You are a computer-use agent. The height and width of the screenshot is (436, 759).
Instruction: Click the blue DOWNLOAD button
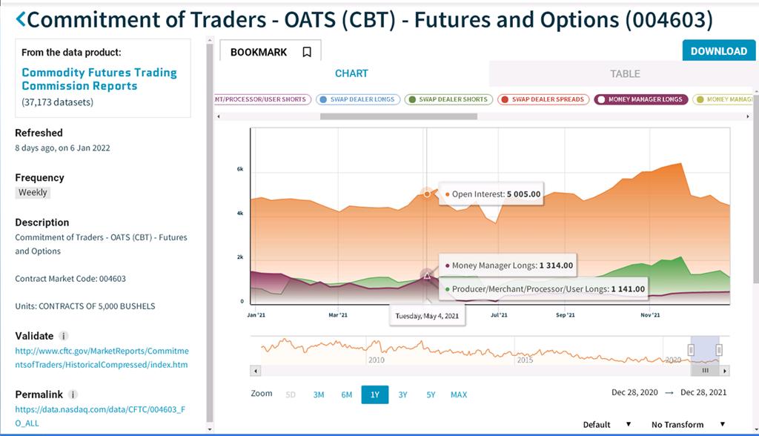click(x=718, y=51)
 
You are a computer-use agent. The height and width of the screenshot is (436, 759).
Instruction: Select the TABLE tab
click(x=624, y=73)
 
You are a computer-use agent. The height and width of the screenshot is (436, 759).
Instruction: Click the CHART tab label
click(x=351, y=73)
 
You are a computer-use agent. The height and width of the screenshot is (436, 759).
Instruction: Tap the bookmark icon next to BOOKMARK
click(x=307, y=52)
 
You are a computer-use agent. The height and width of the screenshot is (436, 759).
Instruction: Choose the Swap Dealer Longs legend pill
click(x=358, y=99)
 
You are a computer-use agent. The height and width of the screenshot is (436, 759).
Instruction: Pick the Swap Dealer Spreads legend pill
click(x=543, y=99)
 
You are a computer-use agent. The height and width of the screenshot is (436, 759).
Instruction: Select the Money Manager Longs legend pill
click(x=641, y=99)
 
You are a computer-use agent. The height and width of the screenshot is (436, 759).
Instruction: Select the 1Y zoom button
click(x=374, y=394)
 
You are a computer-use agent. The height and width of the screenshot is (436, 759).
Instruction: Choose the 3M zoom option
click(x=319, y=394)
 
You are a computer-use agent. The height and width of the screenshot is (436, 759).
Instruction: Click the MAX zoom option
click(x=459, y=394)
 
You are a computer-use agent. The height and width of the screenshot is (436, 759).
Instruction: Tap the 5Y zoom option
click(x=431, y=394)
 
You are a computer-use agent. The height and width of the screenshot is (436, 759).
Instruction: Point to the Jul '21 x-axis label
click(x=499, y=315)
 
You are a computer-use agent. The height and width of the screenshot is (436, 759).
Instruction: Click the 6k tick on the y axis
click(x=240, y=169)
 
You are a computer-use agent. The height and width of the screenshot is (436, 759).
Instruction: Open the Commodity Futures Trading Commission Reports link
click(x=99, y=79)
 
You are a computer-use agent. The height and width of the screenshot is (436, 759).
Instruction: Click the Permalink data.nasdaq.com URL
click(x=100, y=416)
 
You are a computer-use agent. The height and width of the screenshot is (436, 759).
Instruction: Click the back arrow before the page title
click(x=20, y=19)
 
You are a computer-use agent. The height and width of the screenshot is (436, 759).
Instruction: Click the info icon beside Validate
click(x=64, y=336)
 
